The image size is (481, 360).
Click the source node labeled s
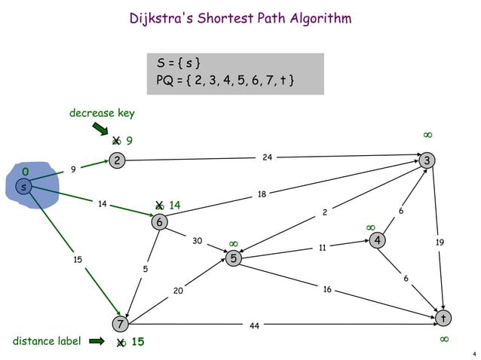point(24,186)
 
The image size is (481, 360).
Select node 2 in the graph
point(117,160)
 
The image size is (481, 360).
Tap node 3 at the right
point(427,160)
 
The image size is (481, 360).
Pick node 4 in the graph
point(376,240)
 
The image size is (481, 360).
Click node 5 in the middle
point(234,258)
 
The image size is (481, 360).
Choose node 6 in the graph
point(160,222)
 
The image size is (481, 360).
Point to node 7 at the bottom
point(119,325)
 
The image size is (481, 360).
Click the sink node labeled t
point(444,319)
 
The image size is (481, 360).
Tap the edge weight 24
point(267,157)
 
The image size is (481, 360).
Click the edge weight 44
point(255,326)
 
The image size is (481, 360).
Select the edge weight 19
point(440,243)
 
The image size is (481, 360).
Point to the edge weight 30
point(197,241)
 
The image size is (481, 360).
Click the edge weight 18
point(262,194)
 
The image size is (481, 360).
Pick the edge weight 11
point(321,246)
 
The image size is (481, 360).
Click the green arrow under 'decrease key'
point(101,130)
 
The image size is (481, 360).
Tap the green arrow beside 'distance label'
point(97,342)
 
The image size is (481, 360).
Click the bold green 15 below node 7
point(137,342)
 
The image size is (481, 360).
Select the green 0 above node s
point(25,172)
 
